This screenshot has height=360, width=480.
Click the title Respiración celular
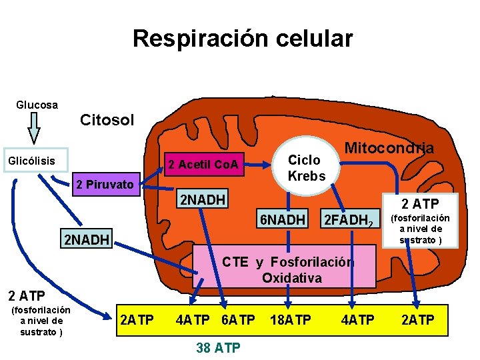[243, 39]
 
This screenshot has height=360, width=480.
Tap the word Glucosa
[37, 105]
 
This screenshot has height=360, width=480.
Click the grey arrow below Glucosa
[33, 127]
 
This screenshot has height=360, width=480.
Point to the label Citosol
[107, 120]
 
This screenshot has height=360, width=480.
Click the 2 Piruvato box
[105, 184]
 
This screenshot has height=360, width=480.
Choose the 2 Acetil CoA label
[203, 164]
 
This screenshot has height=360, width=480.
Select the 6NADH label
[283, 219]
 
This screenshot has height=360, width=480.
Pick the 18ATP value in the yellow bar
[290, 320]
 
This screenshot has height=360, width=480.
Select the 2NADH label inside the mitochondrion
[201, 199]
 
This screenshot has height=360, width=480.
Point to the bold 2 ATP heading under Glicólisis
[26, 295]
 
